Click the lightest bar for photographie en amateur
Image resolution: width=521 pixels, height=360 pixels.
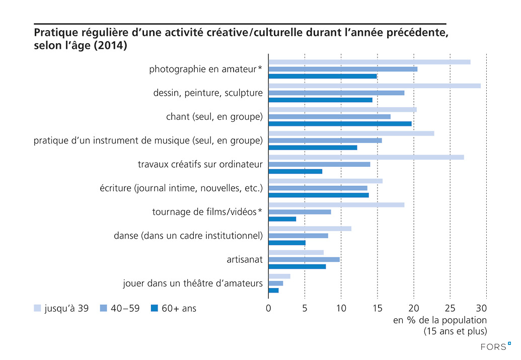369,62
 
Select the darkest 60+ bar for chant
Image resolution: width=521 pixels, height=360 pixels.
340,123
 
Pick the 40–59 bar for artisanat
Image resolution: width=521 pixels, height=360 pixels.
304,259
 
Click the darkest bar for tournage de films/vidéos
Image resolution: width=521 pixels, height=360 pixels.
282,219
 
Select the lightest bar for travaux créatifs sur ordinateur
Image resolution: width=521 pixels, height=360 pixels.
366,157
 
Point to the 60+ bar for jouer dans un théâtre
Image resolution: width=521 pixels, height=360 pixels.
273,291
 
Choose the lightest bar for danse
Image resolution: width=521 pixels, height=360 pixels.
310,229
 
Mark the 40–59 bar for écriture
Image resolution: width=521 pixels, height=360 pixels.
318,188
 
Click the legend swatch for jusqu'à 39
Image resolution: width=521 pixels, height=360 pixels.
37,308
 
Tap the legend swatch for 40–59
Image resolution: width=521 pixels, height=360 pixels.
104,308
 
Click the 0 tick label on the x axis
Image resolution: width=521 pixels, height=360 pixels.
268,308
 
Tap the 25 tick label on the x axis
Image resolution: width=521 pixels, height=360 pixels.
450,308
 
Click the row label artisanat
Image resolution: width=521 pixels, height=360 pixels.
245,259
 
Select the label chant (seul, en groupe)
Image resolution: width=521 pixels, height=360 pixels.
214,117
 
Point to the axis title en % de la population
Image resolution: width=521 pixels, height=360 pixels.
439,320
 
